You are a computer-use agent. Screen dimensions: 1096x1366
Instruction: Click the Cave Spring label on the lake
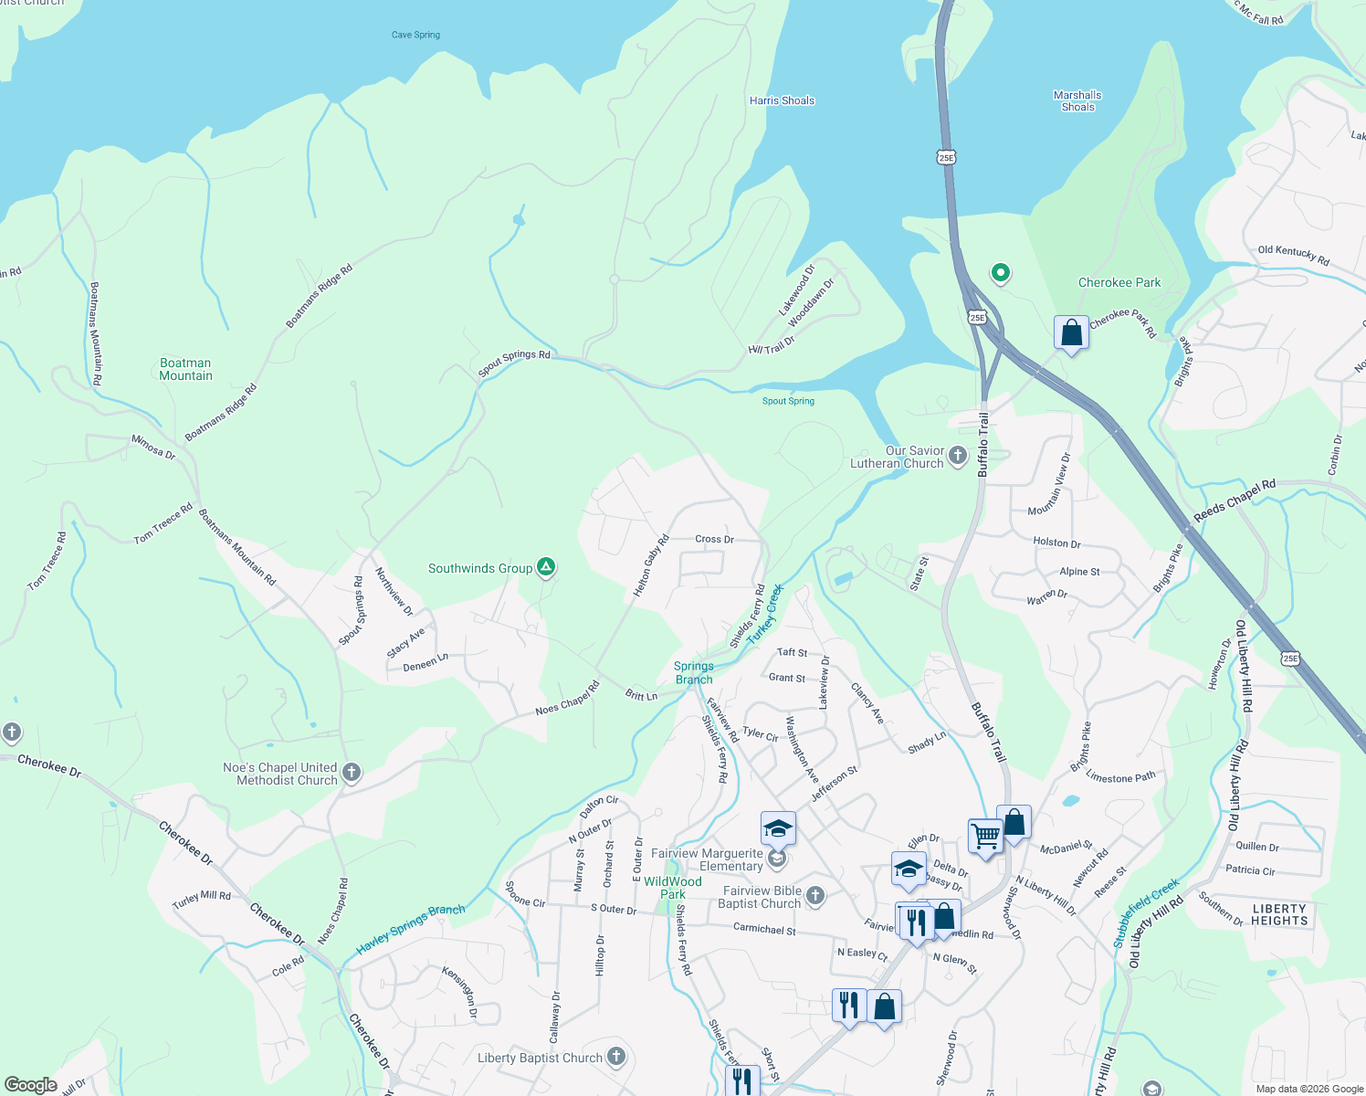point(415,35)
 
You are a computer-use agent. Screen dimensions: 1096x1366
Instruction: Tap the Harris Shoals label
point(782,100)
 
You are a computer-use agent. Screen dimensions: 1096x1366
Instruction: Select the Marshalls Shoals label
point(1077,100)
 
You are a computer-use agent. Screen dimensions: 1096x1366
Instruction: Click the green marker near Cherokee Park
point(1001,272)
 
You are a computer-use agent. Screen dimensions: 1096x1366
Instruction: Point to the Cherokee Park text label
point(1119,282)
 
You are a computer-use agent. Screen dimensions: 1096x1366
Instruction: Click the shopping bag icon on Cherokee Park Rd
point(1071,333)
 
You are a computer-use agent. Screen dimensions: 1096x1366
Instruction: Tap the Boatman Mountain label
point(185,369)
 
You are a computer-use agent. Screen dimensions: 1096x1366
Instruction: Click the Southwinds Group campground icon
point(546,568)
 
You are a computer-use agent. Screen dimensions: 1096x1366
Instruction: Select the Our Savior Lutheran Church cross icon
point(957,456)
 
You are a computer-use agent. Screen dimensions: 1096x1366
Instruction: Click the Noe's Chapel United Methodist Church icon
point(351,774)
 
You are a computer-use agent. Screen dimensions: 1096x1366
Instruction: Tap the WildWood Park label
point(673,888)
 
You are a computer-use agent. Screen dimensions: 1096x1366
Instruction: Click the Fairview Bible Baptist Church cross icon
point(815,896)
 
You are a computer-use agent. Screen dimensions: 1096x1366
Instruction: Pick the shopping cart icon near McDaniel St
point(985,836)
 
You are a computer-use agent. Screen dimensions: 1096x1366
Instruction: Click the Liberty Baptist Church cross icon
point(616,1058)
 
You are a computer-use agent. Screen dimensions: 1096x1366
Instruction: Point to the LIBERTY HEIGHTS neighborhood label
point(1278,914)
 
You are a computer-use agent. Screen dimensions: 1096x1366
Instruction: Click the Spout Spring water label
point(788,401)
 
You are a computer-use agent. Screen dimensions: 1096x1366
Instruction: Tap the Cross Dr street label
point(714,539)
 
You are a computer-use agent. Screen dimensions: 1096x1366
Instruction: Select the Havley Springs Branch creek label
point(410,930)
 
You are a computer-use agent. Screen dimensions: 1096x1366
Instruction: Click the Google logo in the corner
point(30,1085)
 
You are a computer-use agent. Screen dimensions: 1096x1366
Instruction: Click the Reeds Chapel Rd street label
point(1234,502)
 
